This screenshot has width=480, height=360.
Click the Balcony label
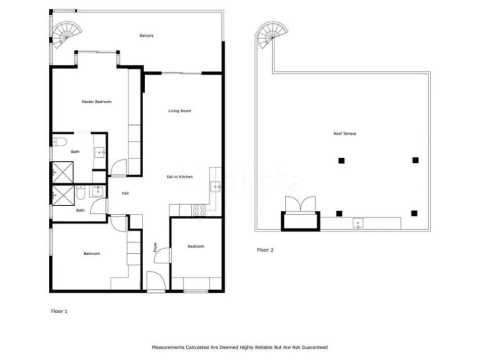(x=146, y=36)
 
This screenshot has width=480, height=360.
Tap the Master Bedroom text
(x=96, y=102)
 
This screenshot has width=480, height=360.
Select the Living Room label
(x=180, y=111)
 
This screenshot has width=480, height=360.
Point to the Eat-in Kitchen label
(x=180, y=177)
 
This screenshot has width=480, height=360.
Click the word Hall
(x=125, y=194)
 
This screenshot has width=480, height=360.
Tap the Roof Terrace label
(x=344, y=134)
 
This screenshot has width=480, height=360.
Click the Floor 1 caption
(x=59, y=311)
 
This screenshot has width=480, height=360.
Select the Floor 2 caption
(x=265, y=250)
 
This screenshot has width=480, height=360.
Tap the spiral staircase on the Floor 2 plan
(x=271, y=34)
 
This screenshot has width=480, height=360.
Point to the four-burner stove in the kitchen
(x=199, y=210)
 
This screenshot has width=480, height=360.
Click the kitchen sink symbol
(x=216, y=187)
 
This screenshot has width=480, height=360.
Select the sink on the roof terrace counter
(x=358, y=223)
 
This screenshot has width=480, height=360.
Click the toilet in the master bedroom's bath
(x=58, y=141)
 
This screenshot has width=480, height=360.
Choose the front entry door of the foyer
(x=156, y=282)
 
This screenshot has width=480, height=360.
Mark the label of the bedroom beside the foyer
(x=196, y=246)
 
